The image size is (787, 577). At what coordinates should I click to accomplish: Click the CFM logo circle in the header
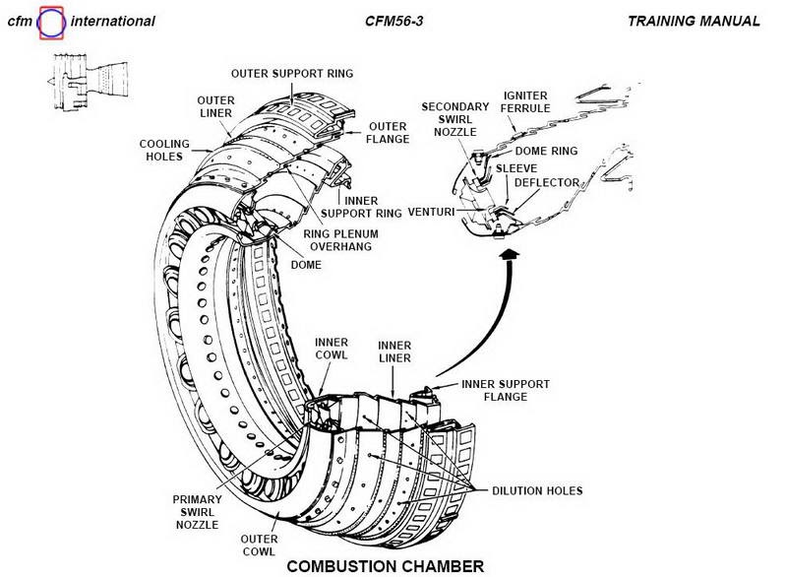point(51,21)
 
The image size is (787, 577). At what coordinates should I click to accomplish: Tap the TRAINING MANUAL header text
point(695,20)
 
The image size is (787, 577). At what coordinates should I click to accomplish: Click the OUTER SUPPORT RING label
point(291,74)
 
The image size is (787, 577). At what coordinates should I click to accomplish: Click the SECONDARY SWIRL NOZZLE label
point(454,118)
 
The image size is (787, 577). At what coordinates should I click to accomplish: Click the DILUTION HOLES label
point(539,488)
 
